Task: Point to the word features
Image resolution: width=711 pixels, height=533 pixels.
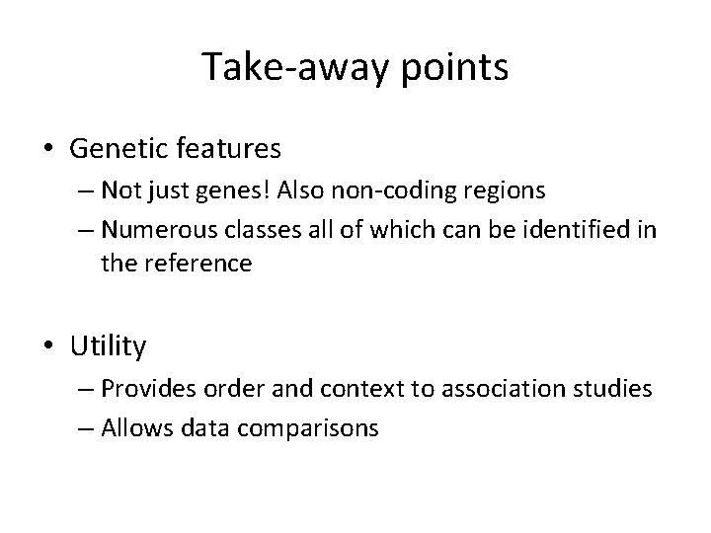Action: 231,149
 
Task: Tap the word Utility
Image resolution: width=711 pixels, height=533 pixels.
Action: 108,346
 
